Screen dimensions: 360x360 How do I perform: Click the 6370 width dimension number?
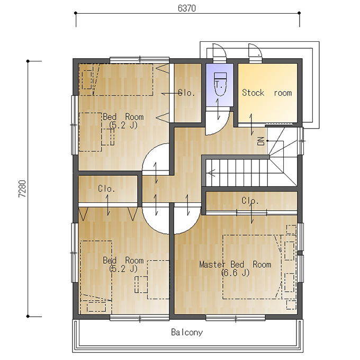point(187,8)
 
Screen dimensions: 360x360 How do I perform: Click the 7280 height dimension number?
point(22,189)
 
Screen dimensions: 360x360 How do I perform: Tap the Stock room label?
point(267,93)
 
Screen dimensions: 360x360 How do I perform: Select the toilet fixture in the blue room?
point(220,84)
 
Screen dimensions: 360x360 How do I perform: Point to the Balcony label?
point(187,332)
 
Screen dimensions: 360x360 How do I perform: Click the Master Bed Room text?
point(235,264)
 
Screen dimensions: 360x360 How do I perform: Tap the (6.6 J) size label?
point(235,273)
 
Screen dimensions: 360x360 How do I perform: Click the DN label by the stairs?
point(262,141)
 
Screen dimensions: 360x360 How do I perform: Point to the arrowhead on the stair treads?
point(211,173)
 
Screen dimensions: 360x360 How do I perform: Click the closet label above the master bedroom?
point(250,201)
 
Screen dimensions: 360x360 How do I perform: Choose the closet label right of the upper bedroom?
point(187,93)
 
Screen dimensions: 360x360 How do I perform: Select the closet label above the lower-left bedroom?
point(106,188)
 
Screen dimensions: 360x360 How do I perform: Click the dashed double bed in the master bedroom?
point(253,267)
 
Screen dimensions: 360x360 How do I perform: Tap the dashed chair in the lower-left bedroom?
point(141,284)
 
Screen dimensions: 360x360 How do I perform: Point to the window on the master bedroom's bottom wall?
point(236,318)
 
